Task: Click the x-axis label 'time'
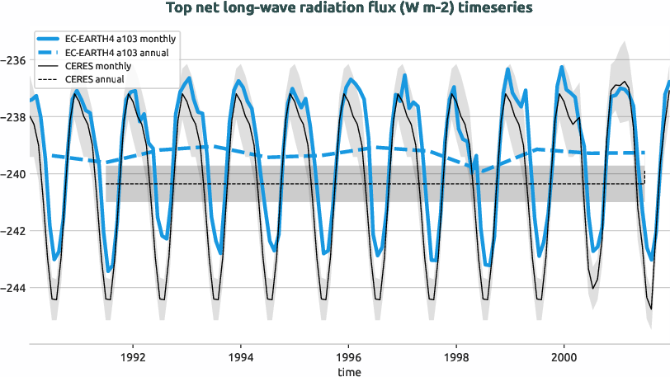[349, 372]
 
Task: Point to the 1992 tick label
[132, 359]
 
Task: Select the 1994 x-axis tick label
[240, 359]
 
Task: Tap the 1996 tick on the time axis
[348, 359]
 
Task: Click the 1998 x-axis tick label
[456, 359]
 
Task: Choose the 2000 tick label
[564, 359]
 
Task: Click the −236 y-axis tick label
[14, 60]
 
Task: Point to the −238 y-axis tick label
[14, 117]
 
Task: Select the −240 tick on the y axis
[14, 174]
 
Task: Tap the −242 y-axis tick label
[14, 231]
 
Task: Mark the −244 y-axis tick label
[14, 288]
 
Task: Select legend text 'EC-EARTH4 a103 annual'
[116, 53]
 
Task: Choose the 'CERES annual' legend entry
[94, 79]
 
